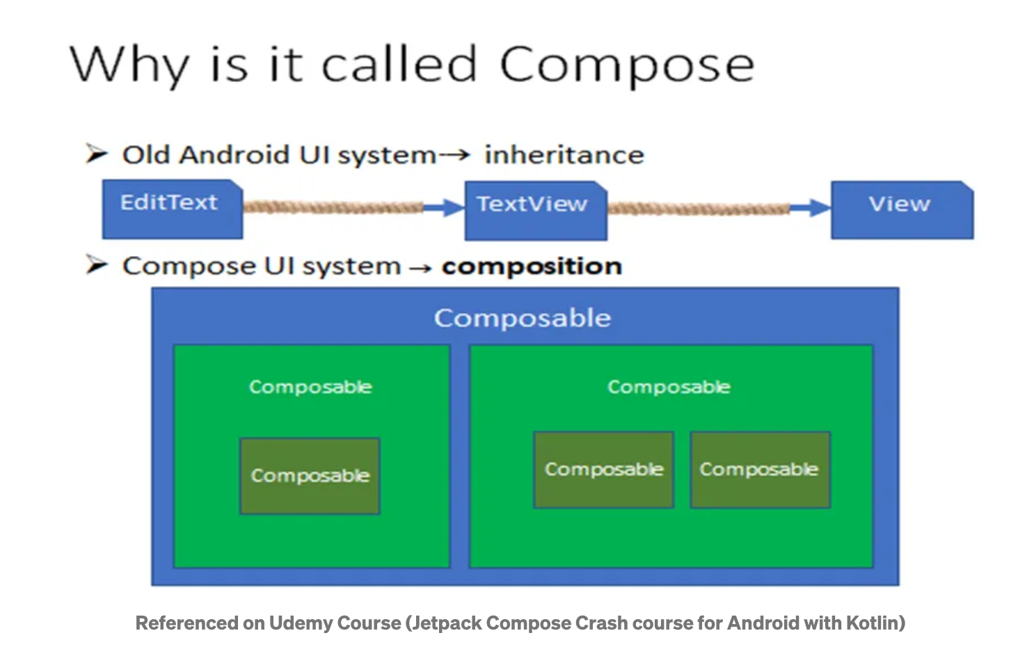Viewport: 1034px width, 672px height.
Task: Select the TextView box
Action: (535, 210)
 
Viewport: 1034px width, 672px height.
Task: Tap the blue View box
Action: (902, 209)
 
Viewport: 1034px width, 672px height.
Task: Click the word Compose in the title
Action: (626, 65)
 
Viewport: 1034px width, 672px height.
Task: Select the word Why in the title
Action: (129, 65)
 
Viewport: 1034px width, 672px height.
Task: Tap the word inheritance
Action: (564, 154)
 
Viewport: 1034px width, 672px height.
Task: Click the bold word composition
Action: (532, 266)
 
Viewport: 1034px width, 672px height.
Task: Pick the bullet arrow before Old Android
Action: (96, 153)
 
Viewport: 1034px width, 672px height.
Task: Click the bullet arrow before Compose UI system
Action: (96, 264)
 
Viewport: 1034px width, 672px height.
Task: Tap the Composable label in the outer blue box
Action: (523, 318)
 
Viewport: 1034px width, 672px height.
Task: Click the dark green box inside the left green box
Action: (310, 476)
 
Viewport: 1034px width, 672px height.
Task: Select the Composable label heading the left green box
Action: (310, 387)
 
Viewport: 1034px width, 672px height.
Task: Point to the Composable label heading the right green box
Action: (669, 387)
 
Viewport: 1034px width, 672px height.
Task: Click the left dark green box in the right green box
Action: (603, 470)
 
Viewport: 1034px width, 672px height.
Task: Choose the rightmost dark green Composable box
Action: (759, 470)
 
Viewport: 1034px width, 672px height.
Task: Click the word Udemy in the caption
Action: (301, 623)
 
